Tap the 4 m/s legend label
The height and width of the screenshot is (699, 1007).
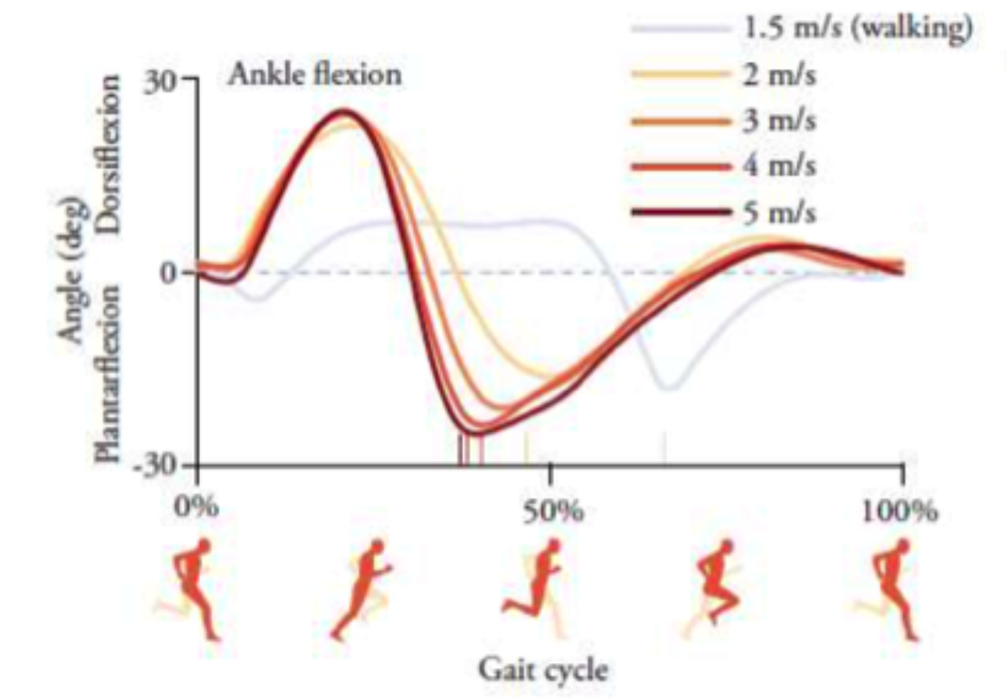pyautogui.click(x=780, y=166)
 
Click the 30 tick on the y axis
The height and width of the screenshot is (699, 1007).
pyautogui.click(x=166, y=80)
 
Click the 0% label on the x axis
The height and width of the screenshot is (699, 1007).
pyautogui.click(x=196, y=509)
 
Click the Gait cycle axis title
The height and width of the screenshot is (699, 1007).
pyautogui.click(x=544, y=669)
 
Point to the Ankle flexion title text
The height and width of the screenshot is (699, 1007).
pyautogui.click(x=315, y=75)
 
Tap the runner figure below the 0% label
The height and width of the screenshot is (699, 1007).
pyautogui.click(x=194, y=587)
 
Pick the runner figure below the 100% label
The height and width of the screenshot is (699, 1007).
pyautogui.click(x=894, y=587)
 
